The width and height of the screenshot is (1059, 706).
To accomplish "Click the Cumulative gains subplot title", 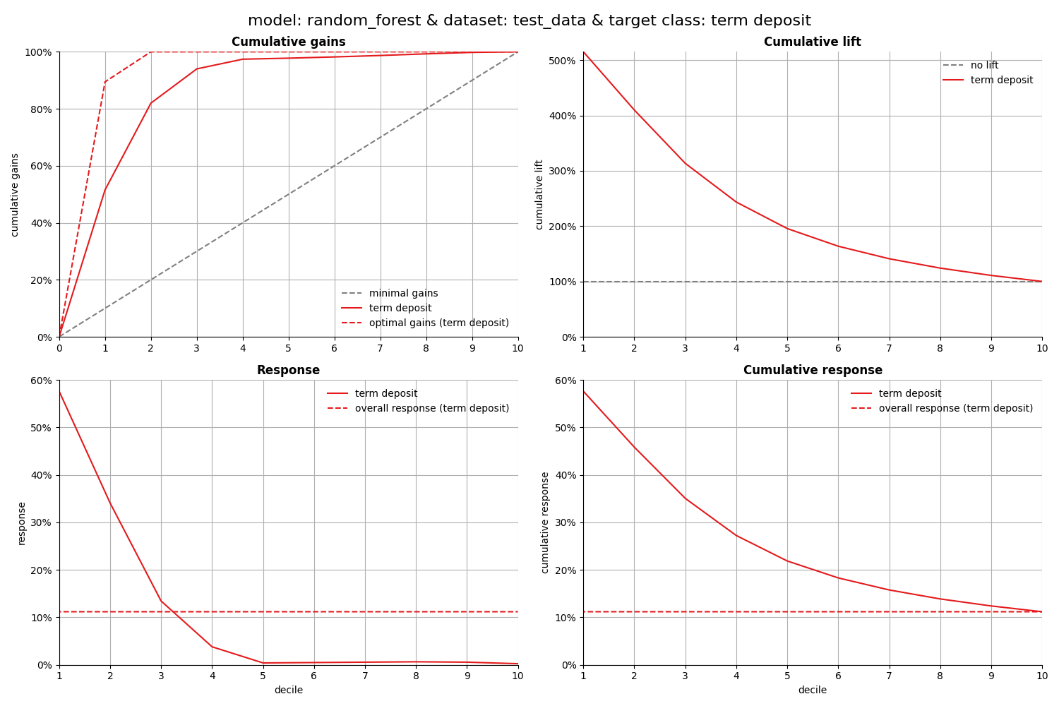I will (288, 42).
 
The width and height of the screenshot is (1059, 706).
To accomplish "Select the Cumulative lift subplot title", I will (812, 42).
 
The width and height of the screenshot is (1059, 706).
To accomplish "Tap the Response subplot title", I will (288, 371).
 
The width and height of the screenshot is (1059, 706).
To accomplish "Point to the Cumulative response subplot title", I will (812, 371).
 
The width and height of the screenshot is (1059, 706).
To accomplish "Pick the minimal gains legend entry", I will (403, 294).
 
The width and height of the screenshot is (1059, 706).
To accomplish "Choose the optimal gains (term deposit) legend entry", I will (438, 323).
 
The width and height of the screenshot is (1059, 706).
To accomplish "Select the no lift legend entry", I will (984, 66).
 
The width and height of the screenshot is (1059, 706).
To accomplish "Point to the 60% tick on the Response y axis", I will (38, 381).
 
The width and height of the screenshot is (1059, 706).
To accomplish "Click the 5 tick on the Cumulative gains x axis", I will (288, 348).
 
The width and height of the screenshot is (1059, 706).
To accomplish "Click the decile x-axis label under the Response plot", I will (288, 690).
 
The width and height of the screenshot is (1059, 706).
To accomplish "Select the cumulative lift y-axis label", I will (539, 194).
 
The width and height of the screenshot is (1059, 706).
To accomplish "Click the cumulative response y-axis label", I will (545, 522).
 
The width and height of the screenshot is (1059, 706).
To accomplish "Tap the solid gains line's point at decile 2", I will (151, 103).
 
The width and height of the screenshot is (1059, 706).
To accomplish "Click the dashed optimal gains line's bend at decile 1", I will (105, 81).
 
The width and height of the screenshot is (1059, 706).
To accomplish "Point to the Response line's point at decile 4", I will (212, 647).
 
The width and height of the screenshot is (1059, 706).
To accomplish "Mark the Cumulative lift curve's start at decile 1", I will (583, 52).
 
